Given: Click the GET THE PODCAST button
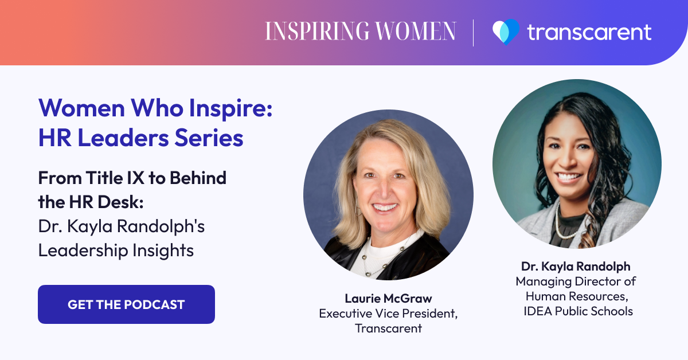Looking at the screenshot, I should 126,304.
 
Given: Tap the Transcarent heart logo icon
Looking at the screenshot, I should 505,32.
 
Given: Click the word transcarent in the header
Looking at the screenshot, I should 589,32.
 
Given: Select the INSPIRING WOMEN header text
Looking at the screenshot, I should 360,32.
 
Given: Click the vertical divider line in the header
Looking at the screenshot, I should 474,32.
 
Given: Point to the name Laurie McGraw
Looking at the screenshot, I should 388,298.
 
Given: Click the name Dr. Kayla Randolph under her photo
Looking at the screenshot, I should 576,267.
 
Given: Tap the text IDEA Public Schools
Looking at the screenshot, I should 578,311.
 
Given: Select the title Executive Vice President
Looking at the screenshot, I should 388,314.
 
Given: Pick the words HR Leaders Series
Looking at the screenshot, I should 141,138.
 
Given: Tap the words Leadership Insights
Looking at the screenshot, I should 116,251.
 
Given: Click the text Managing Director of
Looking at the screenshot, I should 576,281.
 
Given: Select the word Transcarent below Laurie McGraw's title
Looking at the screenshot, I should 388,328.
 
